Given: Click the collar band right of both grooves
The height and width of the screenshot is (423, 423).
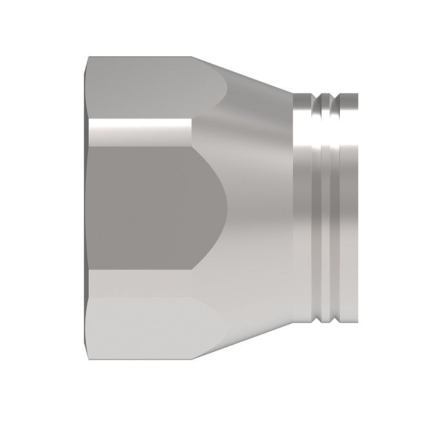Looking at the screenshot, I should (349, 210).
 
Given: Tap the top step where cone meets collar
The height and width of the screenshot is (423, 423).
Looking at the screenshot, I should (293, 95).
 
